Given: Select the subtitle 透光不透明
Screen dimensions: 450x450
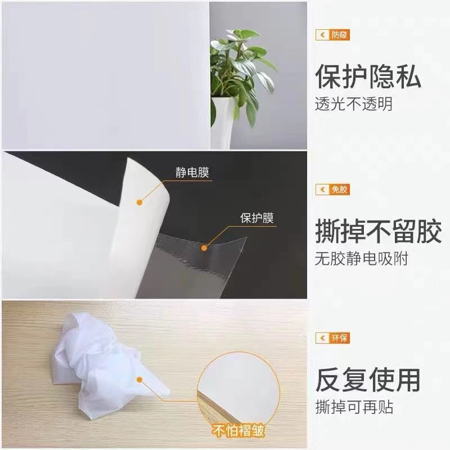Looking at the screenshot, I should pos(353,104).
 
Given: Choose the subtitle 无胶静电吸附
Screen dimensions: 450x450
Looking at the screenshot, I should pos(361,259).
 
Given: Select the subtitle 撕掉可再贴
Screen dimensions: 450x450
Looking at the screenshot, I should pos(353,407).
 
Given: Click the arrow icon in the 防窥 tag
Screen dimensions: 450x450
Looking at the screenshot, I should pos(322,35).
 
